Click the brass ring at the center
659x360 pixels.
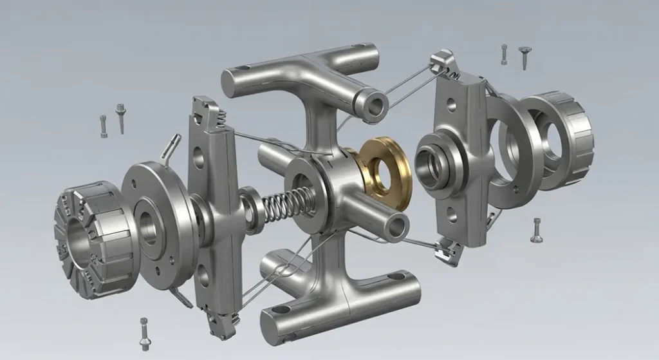(x=384, y=173)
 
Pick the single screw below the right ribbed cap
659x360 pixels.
(x=537, y=230)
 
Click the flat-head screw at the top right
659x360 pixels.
(x=525, y=55)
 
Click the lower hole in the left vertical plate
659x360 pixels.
(x=204, y=278)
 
